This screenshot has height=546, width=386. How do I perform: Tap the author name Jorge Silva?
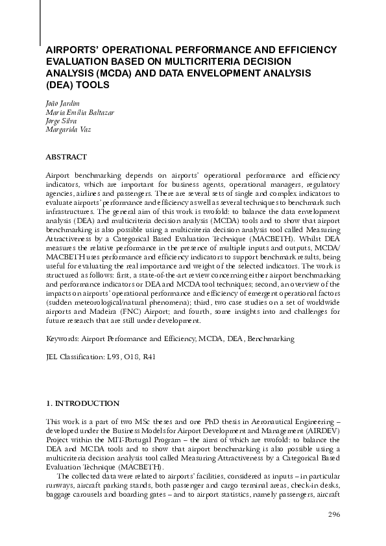[60, 121]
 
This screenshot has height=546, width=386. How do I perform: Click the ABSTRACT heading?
[66, 156]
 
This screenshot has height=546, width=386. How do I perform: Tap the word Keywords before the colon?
[62, 338]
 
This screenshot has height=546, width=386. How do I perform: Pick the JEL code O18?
[131, 357]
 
